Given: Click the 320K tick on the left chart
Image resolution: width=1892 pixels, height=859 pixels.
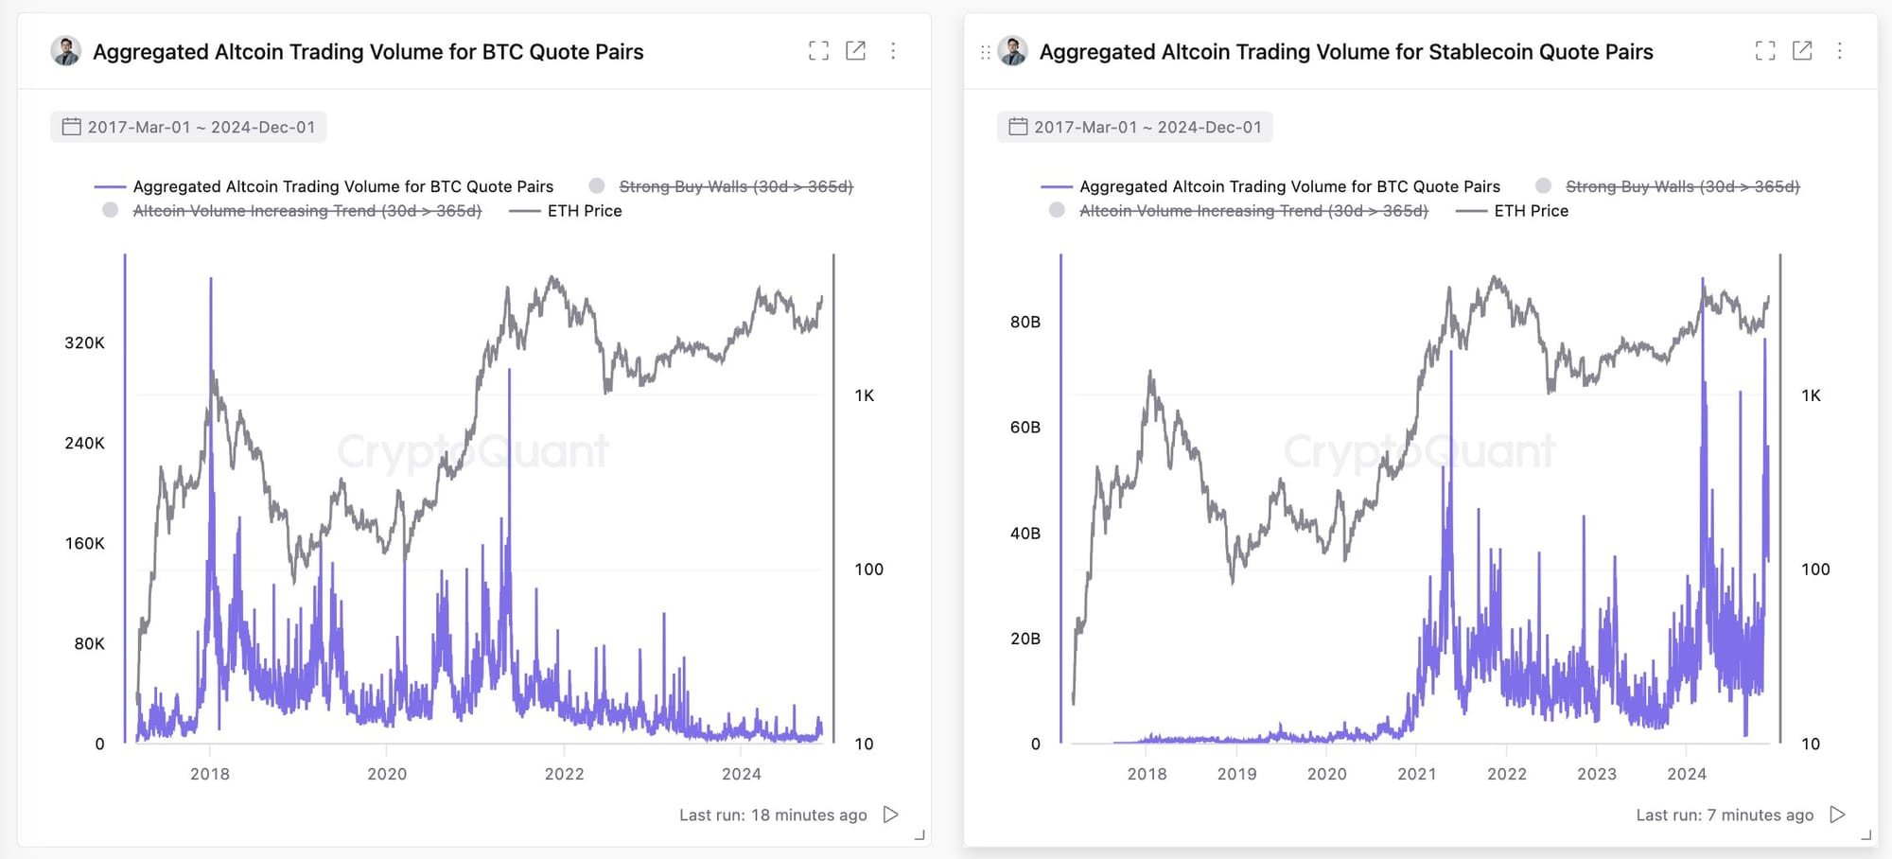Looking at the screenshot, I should pos(84,342).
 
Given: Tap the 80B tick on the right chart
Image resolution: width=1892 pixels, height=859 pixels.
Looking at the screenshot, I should pos(1025,322).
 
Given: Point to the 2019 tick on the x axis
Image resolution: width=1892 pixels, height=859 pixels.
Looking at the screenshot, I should pos(1236,774).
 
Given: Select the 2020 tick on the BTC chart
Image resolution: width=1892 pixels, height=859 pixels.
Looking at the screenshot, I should pos(387,774).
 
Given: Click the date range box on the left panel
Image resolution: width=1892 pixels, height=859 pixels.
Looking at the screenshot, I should pos(188,127).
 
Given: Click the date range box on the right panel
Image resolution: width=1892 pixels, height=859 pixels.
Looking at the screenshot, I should pos(1134,127).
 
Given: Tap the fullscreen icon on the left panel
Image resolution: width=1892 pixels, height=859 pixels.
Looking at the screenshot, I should pos(818,51).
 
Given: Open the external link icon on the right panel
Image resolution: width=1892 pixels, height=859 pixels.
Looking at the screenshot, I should pos(1802,51).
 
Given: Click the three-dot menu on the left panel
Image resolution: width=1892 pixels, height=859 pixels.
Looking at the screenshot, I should pos(893,51).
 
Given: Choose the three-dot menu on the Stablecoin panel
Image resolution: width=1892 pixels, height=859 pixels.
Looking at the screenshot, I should pos(1839,51).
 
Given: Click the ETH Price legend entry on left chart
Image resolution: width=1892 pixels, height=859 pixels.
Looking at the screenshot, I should pos(584,211).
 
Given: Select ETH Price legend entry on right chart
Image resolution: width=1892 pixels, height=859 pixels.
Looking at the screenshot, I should pos(1531,211).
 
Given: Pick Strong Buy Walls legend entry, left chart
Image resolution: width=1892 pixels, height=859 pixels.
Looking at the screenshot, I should pos(735,186).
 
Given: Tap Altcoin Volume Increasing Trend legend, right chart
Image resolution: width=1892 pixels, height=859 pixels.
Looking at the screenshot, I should pos(1253,211).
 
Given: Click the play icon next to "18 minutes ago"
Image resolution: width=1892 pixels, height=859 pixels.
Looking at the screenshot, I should pos(890,815).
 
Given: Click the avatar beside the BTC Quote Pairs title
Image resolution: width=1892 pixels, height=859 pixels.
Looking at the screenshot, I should pos(65,51).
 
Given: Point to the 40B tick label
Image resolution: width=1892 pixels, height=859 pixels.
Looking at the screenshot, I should pos(1025,534).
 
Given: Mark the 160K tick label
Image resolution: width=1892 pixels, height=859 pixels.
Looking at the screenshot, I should pos(84,543).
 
